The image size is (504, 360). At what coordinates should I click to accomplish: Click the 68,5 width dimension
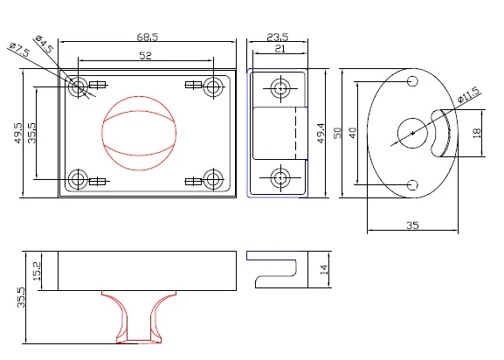148,37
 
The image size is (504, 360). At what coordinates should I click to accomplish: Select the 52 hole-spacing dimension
145,56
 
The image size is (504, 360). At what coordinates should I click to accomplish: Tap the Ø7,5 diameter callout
20,49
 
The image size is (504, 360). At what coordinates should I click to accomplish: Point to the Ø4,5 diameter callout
44,44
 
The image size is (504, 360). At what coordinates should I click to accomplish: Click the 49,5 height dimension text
19,133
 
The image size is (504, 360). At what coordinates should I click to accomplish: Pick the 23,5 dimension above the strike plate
278,37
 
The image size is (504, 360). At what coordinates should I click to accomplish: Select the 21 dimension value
280,49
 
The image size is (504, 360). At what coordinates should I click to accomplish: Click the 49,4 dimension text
321,133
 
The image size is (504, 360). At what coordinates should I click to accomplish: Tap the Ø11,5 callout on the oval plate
469,94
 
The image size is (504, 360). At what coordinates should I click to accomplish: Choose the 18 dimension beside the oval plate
477,133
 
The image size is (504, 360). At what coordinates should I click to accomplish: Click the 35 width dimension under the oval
412,225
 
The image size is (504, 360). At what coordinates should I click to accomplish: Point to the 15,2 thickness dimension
37,271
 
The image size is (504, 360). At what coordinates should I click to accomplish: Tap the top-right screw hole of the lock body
213,87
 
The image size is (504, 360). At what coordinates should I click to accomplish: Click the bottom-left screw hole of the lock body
78,179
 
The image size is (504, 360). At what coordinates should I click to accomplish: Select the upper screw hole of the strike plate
280,88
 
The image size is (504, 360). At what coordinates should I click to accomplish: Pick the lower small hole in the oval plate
412,185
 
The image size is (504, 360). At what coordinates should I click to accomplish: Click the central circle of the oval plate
412,133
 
